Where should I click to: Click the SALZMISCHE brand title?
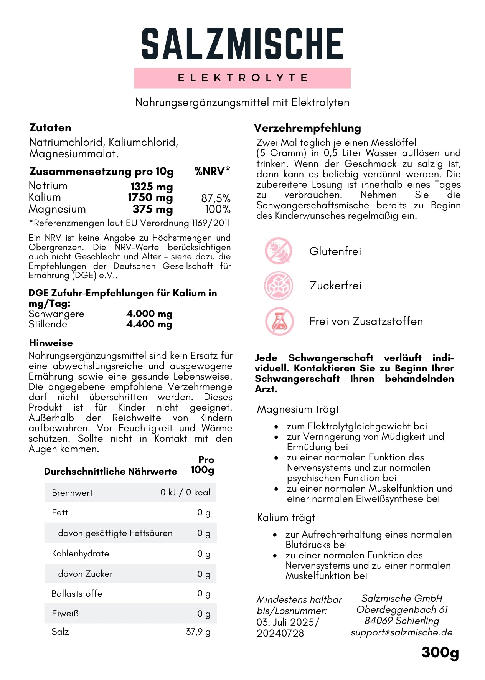[x=242, y=44]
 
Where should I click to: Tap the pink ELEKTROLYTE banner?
[x=242, y=78]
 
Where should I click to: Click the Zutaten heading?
[x=50, y=128]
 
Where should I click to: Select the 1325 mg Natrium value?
[x=152, y=187]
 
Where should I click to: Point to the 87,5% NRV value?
[x=216, y=198]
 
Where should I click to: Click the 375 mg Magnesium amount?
[x=153, y=210]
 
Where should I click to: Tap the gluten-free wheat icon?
[x=279, y=251]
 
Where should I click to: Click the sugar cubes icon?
[x=279, y=286]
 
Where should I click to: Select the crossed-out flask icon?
[x=279, y=321]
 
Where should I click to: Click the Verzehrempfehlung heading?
[x=307, y=128]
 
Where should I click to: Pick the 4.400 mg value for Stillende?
[x=149, y=324]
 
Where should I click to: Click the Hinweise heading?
[x=51, y=343]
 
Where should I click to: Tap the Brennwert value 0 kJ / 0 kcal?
[x=185, y=492]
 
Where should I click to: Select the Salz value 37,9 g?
[x=198, y=632]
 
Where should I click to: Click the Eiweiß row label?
[x=65, y=613]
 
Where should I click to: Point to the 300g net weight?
[x=440, y=652]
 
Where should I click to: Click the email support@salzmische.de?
[x=401, y=632]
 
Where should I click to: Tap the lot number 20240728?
[x=280, y=633]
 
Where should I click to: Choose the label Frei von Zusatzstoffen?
[x=366, y=321]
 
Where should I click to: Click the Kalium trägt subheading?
[x=286, y=518]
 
